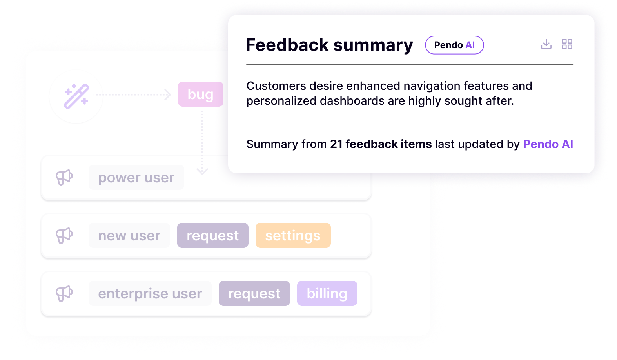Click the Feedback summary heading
pos(329,45)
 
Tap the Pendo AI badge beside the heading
pos(454,45)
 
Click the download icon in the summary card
pos(546,44)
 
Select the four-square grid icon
pos(567,44)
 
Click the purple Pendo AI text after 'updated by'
pos(548,144)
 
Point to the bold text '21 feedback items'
pos(381,144)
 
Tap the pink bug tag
pos(200,95)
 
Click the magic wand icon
pos(76,96)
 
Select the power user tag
pos(136,178)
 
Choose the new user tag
pos(129,236)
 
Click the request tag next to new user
pos(212,236)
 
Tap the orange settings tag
pos(293,236)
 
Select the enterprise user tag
pos(150,294)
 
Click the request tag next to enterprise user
pos(254,294)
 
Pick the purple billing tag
pos(327,294)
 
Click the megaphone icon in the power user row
pos(64,178)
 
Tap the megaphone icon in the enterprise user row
pos(64,294)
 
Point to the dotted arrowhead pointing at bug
pos(168,95)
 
